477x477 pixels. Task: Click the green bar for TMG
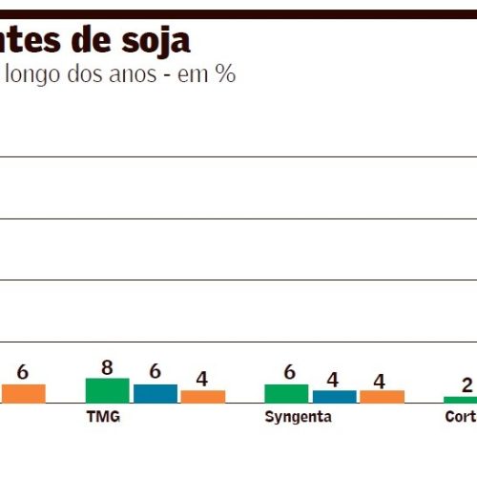coord(107,390)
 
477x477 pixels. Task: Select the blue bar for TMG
coord(155,393)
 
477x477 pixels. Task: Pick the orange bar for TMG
coord(202,396)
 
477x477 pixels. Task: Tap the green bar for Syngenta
coord(286,393)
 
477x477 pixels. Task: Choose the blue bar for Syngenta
coord(334,396)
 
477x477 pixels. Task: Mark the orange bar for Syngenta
coord(382,396)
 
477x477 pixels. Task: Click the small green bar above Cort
coord(460,400)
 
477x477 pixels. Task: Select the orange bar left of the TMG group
coord(23,393)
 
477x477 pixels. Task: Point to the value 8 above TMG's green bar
coord(107,367)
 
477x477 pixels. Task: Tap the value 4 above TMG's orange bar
coord(202,379)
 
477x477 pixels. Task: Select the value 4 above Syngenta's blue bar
coord(333,380)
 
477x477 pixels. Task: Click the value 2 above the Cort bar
coord(467,385)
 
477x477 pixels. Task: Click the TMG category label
coord(103,418)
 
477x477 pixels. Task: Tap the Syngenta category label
coord(299,418)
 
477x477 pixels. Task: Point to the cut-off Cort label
coord(460,418)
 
